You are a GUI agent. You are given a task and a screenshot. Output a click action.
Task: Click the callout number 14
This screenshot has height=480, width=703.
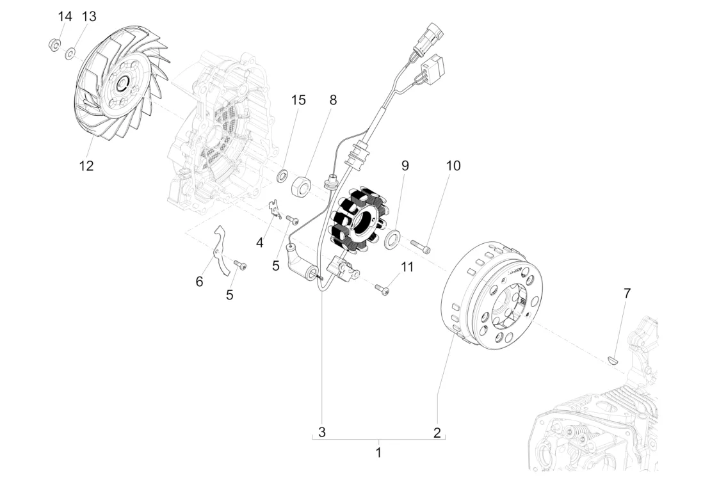coord(65,17)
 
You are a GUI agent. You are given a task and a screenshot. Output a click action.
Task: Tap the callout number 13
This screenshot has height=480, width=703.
coord(89,17)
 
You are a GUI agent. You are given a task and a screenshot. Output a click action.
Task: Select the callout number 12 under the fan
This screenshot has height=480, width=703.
coord(86,166)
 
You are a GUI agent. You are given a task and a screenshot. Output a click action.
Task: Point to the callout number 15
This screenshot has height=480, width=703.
coord(298,100)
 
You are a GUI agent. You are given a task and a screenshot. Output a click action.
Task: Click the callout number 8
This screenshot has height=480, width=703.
coord(333,100)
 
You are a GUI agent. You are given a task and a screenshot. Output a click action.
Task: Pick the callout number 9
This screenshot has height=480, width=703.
coord(405,166)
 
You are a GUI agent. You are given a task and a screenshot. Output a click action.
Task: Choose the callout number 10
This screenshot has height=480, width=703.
coord(453,166)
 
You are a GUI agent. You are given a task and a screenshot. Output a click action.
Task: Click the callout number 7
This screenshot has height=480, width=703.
coord(627,293)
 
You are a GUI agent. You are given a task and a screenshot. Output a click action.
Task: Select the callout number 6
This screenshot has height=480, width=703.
coord(199,282)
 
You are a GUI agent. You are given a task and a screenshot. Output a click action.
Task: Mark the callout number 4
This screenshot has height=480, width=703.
coord(260,243)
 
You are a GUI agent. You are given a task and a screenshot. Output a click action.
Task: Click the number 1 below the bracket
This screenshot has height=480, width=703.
coord(378,452)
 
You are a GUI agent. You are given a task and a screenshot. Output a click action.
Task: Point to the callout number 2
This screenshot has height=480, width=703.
coord(437,433)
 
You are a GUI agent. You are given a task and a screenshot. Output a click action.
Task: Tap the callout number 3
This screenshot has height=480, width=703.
coord(322,433)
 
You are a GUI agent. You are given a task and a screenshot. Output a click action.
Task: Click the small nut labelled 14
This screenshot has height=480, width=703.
coord(54,45)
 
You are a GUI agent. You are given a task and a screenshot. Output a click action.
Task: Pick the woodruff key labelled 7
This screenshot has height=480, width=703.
coord(613,360)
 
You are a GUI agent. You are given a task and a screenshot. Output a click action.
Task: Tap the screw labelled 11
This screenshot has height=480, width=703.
coord(382,290)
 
